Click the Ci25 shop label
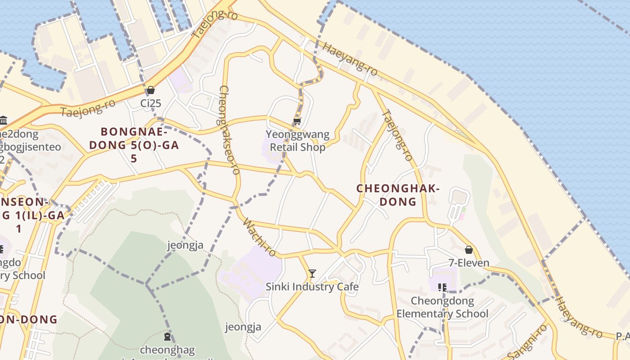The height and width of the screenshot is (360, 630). (151, 103)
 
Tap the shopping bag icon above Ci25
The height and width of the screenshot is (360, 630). (151, 90)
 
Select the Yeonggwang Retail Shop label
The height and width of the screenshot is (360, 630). (297, 141)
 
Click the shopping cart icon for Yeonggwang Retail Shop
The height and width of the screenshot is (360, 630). (297, 121)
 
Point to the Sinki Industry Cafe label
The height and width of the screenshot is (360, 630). (312, 287)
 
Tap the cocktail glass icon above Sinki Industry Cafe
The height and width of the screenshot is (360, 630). (312, 273)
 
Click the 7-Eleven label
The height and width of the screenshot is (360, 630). (469, 263)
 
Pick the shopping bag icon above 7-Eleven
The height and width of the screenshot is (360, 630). (469, 249)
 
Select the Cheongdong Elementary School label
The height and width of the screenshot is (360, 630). (442, 307)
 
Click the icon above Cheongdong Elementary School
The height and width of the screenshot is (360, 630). (442, 287)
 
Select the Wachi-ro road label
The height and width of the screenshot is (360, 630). (259, 237)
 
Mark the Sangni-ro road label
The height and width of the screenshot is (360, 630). (527, 342)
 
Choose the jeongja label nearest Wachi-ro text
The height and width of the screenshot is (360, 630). (185, 245)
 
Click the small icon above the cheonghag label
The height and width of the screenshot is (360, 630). (167, 336)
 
